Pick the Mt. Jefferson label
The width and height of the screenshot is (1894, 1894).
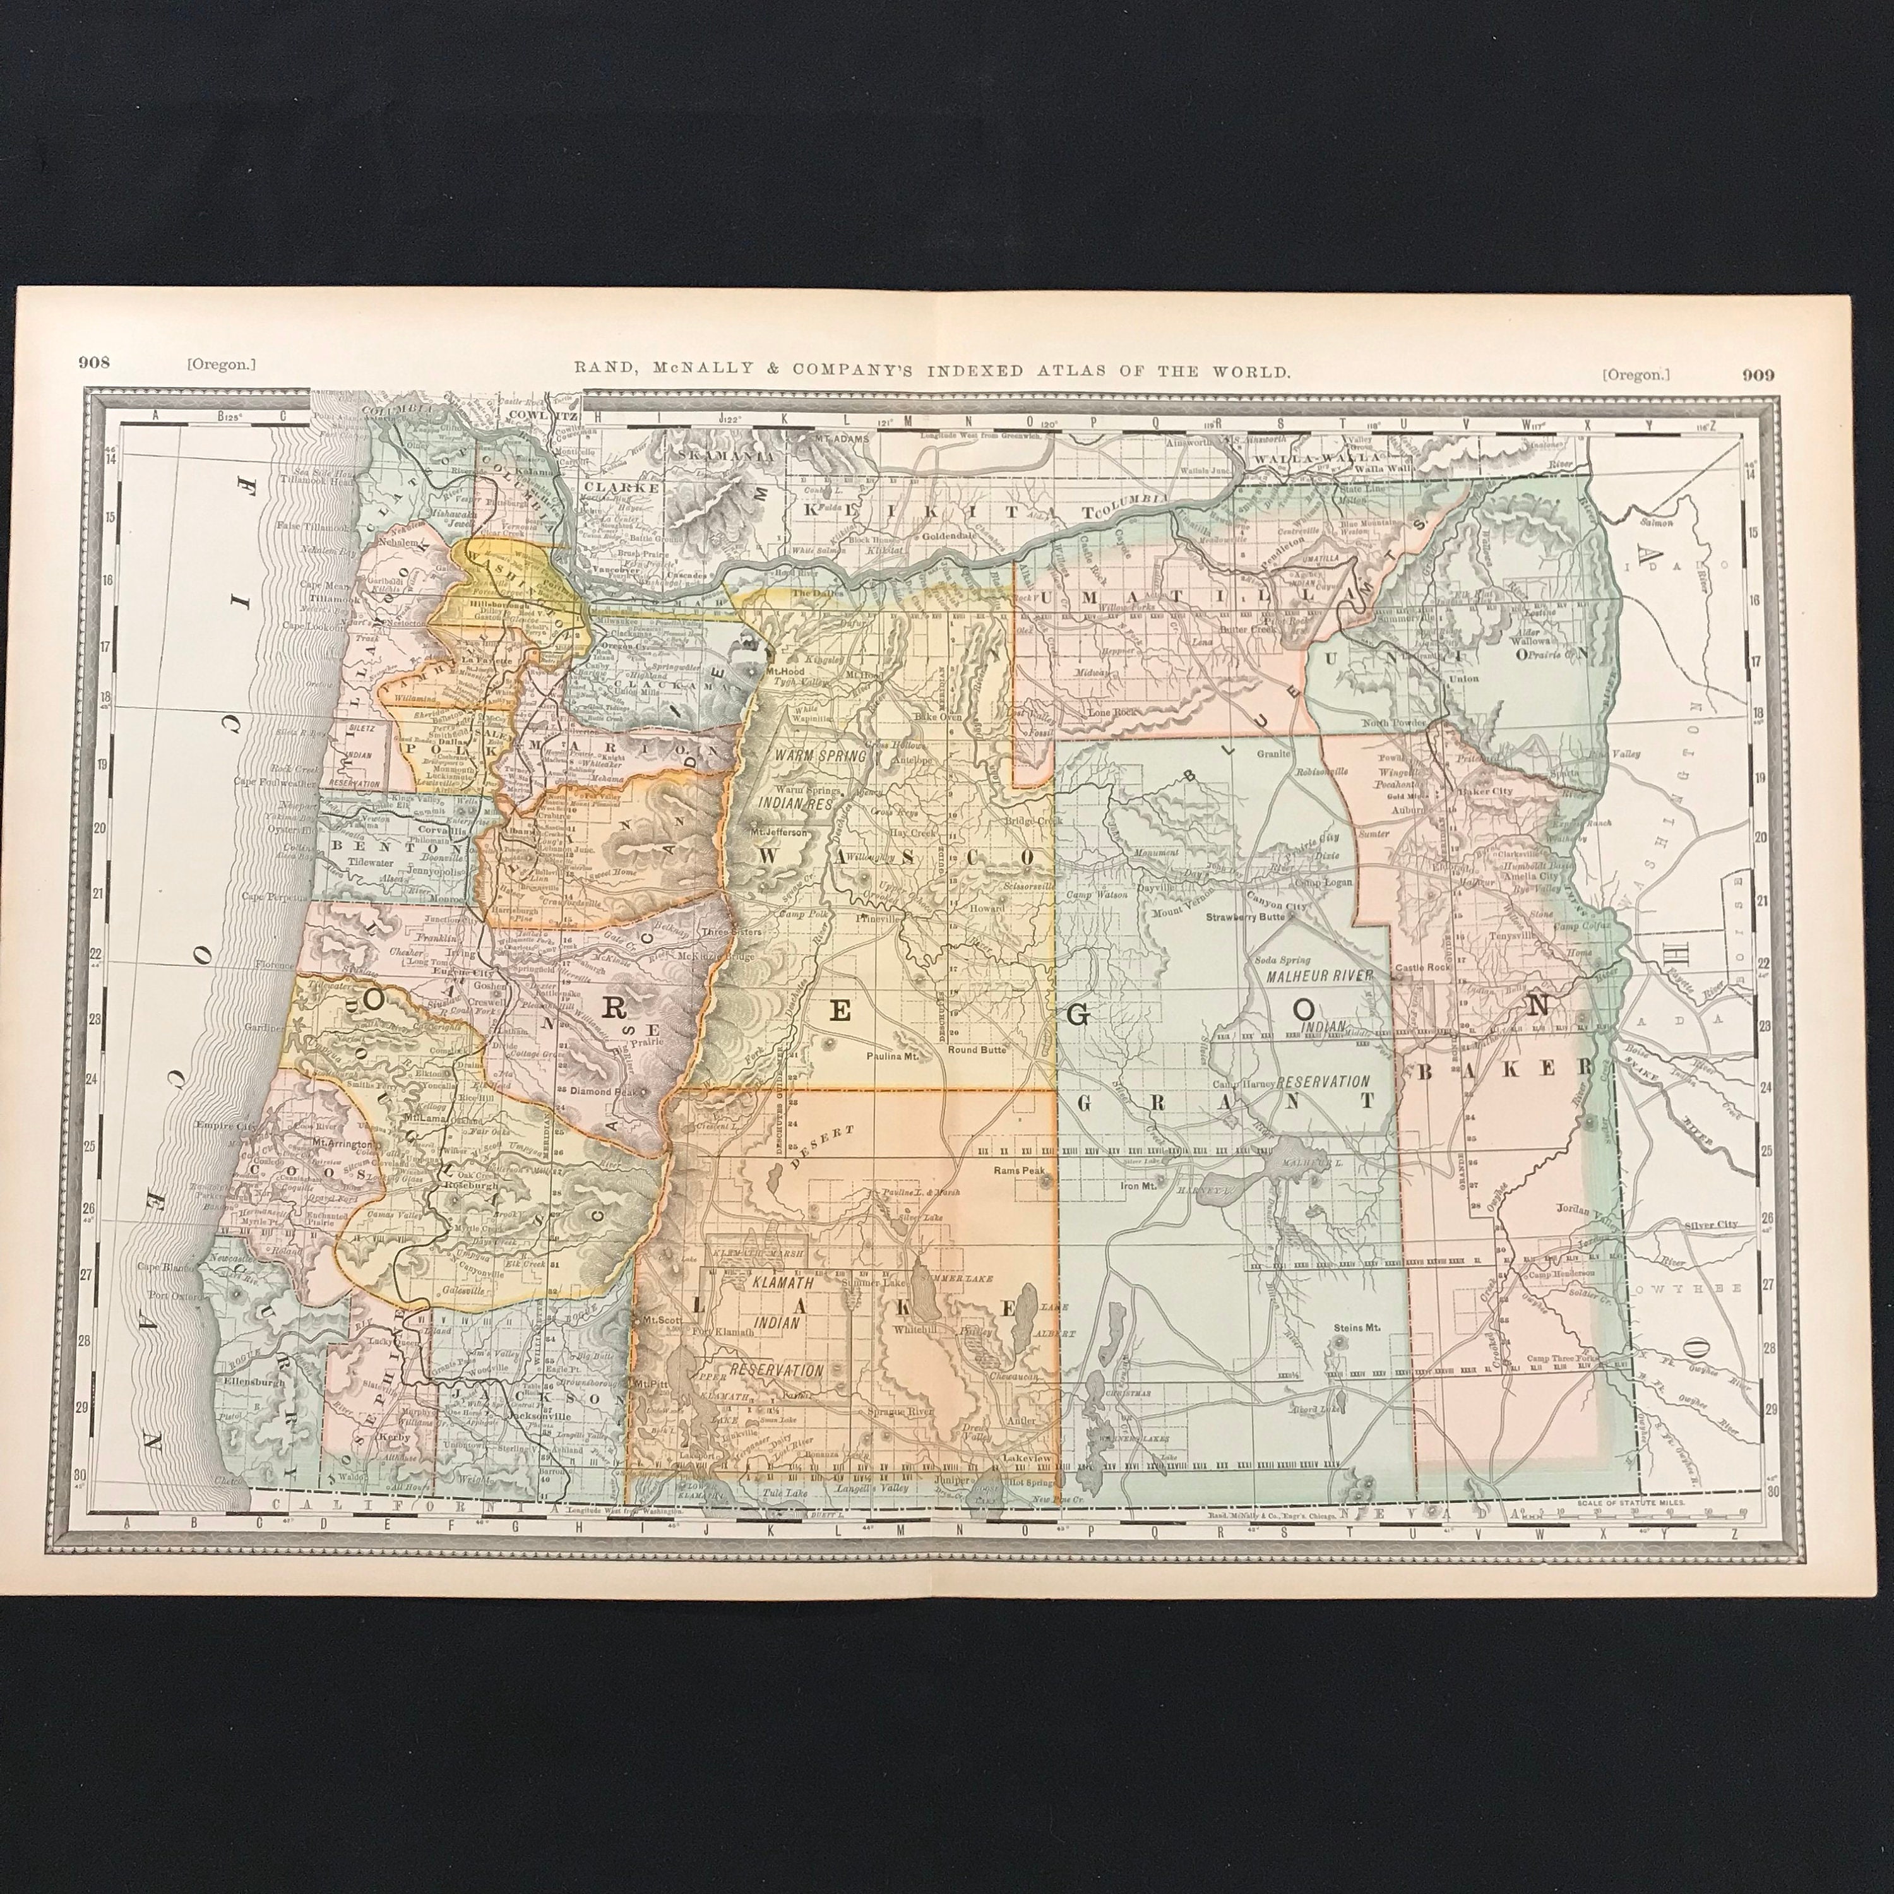pyautogui.click(x=779, y=831)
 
